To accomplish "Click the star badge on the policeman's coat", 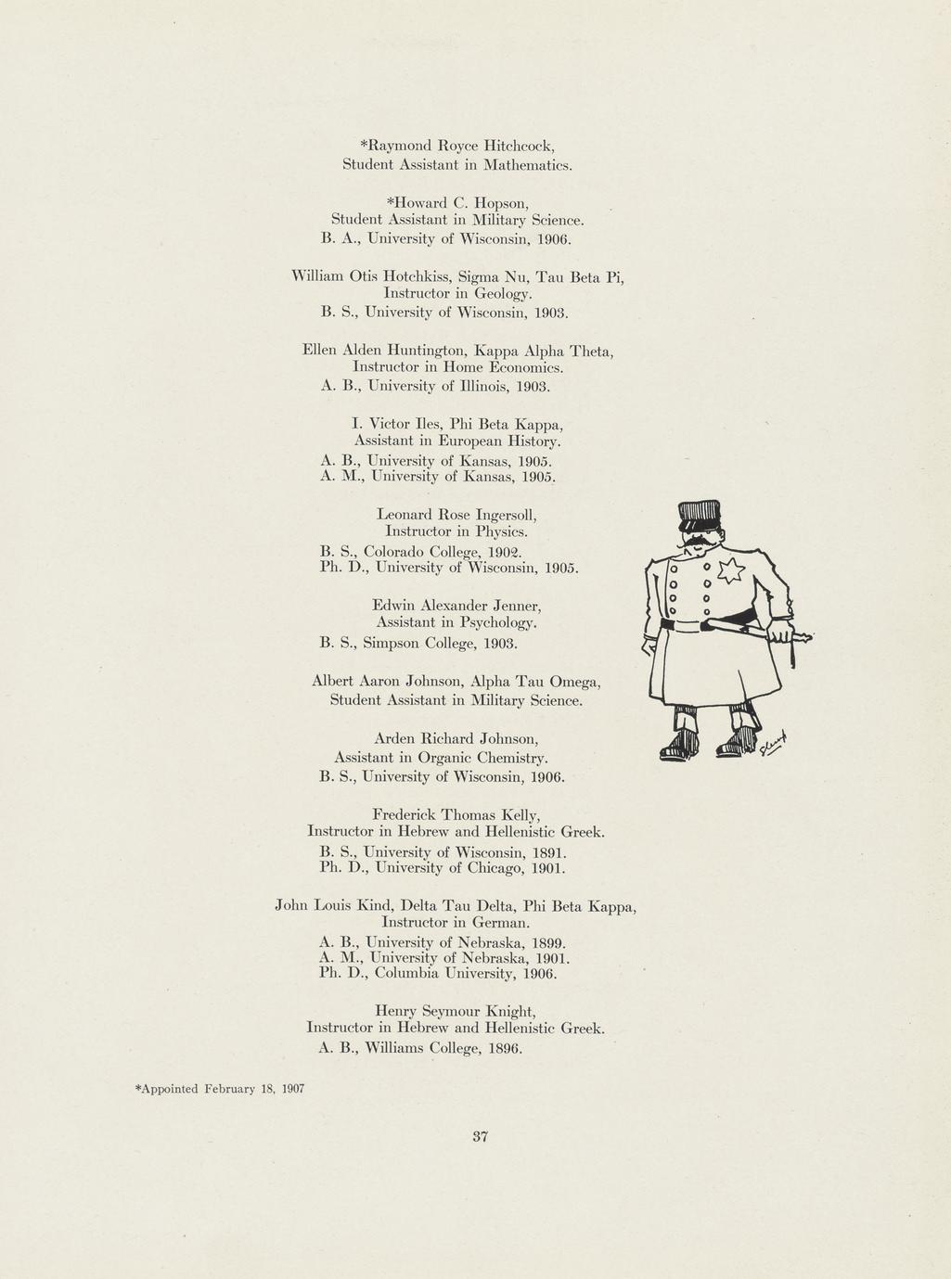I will coord(730,570).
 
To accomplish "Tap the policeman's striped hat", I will coord(699,514).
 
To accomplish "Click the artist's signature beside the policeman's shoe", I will coord(773,743).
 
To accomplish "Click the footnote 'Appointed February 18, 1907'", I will coord(221,1088).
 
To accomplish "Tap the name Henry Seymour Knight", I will coord(456,1010).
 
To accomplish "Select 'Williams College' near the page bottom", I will coord(422,1048).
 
